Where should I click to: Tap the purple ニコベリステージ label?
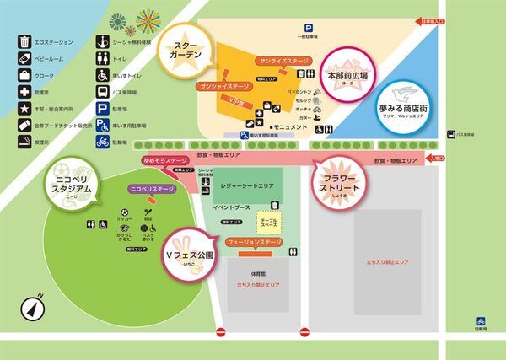click(152, 190)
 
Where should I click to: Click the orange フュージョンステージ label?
click(254, 242)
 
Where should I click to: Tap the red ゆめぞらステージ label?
click(165, 159)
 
